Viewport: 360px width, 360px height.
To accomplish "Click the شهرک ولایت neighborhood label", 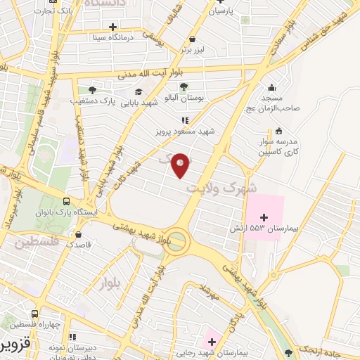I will [219, 188].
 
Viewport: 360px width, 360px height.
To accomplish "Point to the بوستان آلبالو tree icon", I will [184, 87].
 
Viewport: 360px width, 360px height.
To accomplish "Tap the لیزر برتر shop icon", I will [192, 39].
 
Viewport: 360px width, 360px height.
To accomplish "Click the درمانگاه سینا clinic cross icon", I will [112, 27].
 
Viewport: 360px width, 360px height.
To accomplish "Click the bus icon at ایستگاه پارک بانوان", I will [66, 200].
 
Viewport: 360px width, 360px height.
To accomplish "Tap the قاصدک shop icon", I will [79, 234].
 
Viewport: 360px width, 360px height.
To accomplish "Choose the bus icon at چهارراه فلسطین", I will [34, 314].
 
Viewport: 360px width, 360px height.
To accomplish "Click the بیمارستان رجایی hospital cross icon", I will [210, 342].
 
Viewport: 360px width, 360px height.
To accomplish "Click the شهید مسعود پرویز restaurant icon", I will [185, 120].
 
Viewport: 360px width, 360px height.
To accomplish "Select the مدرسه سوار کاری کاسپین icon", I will [279, 130].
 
